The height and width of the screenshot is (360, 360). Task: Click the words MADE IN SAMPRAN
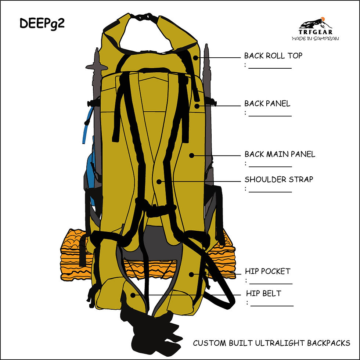pos(315,38)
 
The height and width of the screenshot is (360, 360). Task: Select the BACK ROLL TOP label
pos(273,55)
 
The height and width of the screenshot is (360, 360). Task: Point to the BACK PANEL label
pos(267,104)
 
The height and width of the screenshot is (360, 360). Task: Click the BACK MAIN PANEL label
pos(280,154)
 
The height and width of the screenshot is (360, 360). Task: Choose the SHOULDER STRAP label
pos(279,179)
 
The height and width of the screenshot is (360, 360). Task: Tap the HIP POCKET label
pos(267,271)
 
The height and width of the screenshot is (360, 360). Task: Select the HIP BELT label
pos(264,294)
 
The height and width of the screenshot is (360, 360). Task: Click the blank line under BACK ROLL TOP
pos(270,68)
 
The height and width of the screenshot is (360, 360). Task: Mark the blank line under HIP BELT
pos(272,306)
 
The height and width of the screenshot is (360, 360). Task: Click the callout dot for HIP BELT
pos(133,295)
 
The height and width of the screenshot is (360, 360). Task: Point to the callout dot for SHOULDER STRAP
pos(159,181)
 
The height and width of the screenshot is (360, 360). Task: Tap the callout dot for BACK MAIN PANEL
pos(191,155)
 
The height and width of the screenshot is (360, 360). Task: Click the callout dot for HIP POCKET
pos(191,274)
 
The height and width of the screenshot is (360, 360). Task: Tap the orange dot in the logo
pos(323,19)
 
